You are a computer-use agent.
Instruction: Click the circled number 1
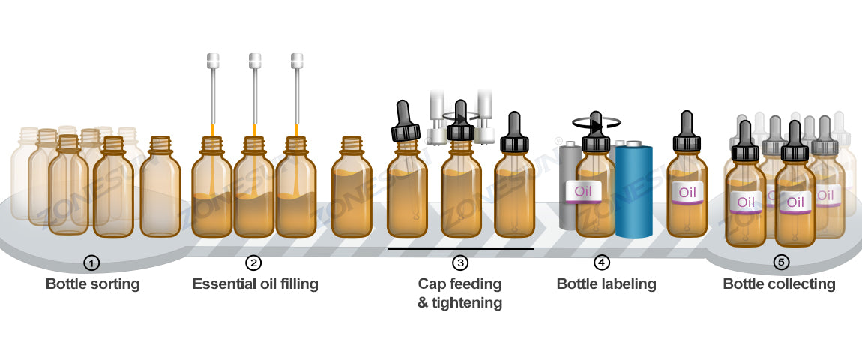tap(91, 262)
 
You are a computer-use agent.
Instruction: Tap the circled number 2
tap(254, 262)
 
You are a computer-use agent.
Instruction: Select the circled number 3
tap(459, 262)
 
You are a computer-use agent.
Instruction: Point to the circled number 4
tap(602, 262)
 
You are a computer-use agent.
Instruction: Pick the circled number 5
tap(782, 262)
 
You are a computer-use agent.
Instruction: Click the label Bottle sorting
tap(92, 284)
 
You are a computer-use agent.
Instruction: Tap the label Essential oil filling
tap(255, 284)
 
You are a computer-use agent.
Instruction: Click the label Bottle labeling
tap(606, 284)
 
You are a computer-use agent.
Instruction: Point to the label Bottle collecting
tap(779, 284)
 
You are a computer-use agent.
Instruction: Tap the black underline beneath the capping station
tap(460, 247)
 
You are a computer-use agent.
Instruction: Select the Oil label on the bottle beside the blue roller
tap(584, 191)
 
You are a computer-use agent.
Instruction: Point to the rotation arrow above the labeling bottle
tap(594, 123)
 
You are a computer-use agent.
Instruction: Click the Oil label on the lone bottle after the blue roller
tap(687, 191)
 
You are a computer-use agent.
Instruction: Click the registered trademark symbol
tap(558, 140)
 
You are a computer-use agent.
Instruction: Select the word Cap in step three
tap(430, 284)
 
